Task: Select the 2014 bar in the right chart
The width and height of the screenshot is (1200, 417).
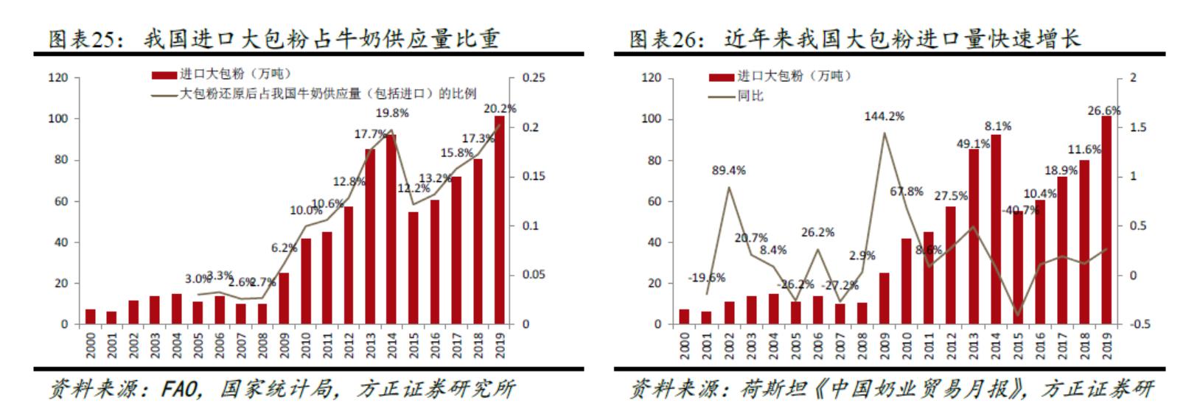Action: click(996, 229)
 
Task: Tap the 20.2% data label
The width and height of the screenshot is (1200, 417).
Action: click(500, 108)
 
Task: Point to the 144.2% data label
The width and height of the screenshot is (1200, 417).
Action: click(885, 116)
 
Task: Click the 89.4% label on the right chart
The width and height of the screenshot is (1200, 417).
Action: click(729, 170)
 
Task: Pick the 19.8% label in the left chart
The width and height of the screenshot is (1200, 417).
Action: click(392, 113)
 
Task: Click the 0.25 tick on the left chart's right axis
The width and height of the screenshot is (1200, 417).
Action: click(534, 77)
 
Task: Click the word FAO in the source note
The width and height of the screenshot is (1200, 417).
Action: click(180, 389)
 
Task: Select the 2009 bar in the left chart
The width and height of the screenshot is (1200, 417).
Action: click(284, 298)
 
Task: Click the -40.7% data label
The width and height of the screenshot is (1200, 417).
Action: click(1021, 210)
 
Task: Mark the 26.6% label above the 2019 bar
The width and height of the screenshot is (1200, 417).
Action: click(1104, 111)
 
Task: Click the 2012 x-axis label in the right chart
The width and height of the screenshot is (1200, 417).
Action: click(952, 345)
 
